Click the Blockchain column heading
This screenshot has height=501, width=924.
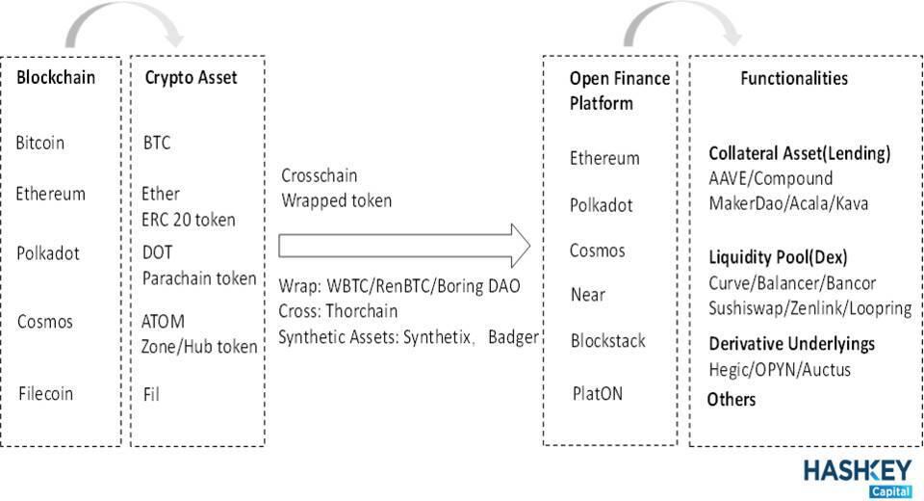pyautogui.click(x=56, y=77)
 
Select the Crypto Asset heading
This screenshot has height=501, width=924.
pyautogui.click(x=191, y=78)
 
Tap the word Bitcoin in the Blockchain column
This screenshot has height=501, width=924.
pyautogui.click(x=40, y=143)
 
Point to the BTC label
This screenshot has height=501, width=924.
pyautogui.click(x=157, y=143)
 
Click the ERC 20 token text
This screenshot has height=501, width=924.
pyautogui.click(x=189, y=220)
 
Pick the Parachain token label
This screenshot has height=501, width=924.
pyautogui.click(x=199, y=278)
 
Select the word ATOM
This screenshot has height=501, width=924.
pyautogui.click(x=164, y=322)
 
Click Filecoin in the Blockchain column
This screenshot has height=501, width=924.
pyautogui.click(x=45, y=394)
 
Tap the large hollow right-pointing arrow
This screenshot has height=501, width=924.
pyautogui.click(x=404, y=246)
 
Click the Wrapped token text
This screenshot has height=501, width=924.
pyautogui.click(x=337, y=200)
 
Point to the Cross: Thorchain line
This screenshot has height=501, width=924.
pyautogui.click(x=338, y=311)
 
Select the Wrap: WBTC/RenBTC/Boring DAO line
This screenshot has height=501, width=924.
pyautogui.click(x=399, y=286)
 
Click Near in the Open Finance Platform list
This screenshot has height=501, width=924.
pyautogui.click(x=587, y=295)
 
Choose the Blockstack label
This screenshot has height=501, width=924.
pyautogui.click(x=608, y=340)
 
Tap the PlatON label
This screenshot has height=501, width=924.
pyautogui.click(x=598, y=394)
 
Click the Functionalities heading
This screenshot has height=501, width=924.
pyautogui.click(x=794, y=78)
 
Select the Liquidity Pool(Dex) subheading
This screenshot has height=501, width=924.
pyautogui.click(x=778, y=257)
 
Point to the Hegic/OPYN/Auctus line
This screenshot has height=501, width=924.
pyautogui.click(x=780, y=370)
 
